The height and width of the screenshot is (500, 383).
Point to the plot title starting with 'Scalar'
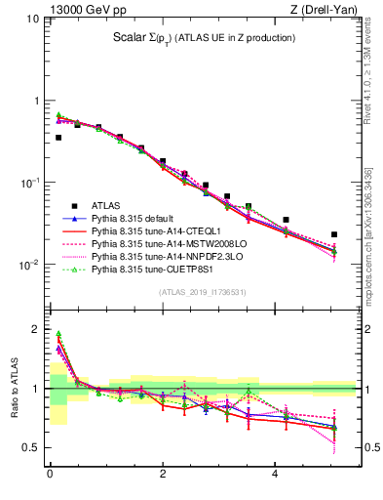(203, 39)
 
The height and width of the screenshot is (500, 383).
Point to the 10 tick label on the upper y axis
(30, 19)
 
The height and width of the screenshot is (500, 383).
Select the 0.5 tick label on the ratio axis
(29, 448)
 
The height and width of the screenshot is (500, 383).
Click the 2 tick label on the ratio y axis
(34, 329)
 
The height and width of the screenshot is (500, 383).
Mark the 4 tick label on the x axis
(276, 476)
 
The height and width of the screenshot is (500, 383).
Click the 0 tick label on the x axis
(49, 476)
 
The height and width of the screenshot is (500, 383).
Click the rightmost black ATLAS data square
(334, 234)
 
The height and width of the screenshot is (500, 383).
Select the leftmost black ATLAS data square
(58, 138)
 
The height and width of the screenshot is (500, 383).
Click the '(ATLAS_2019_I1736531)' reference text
(202, 293)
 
